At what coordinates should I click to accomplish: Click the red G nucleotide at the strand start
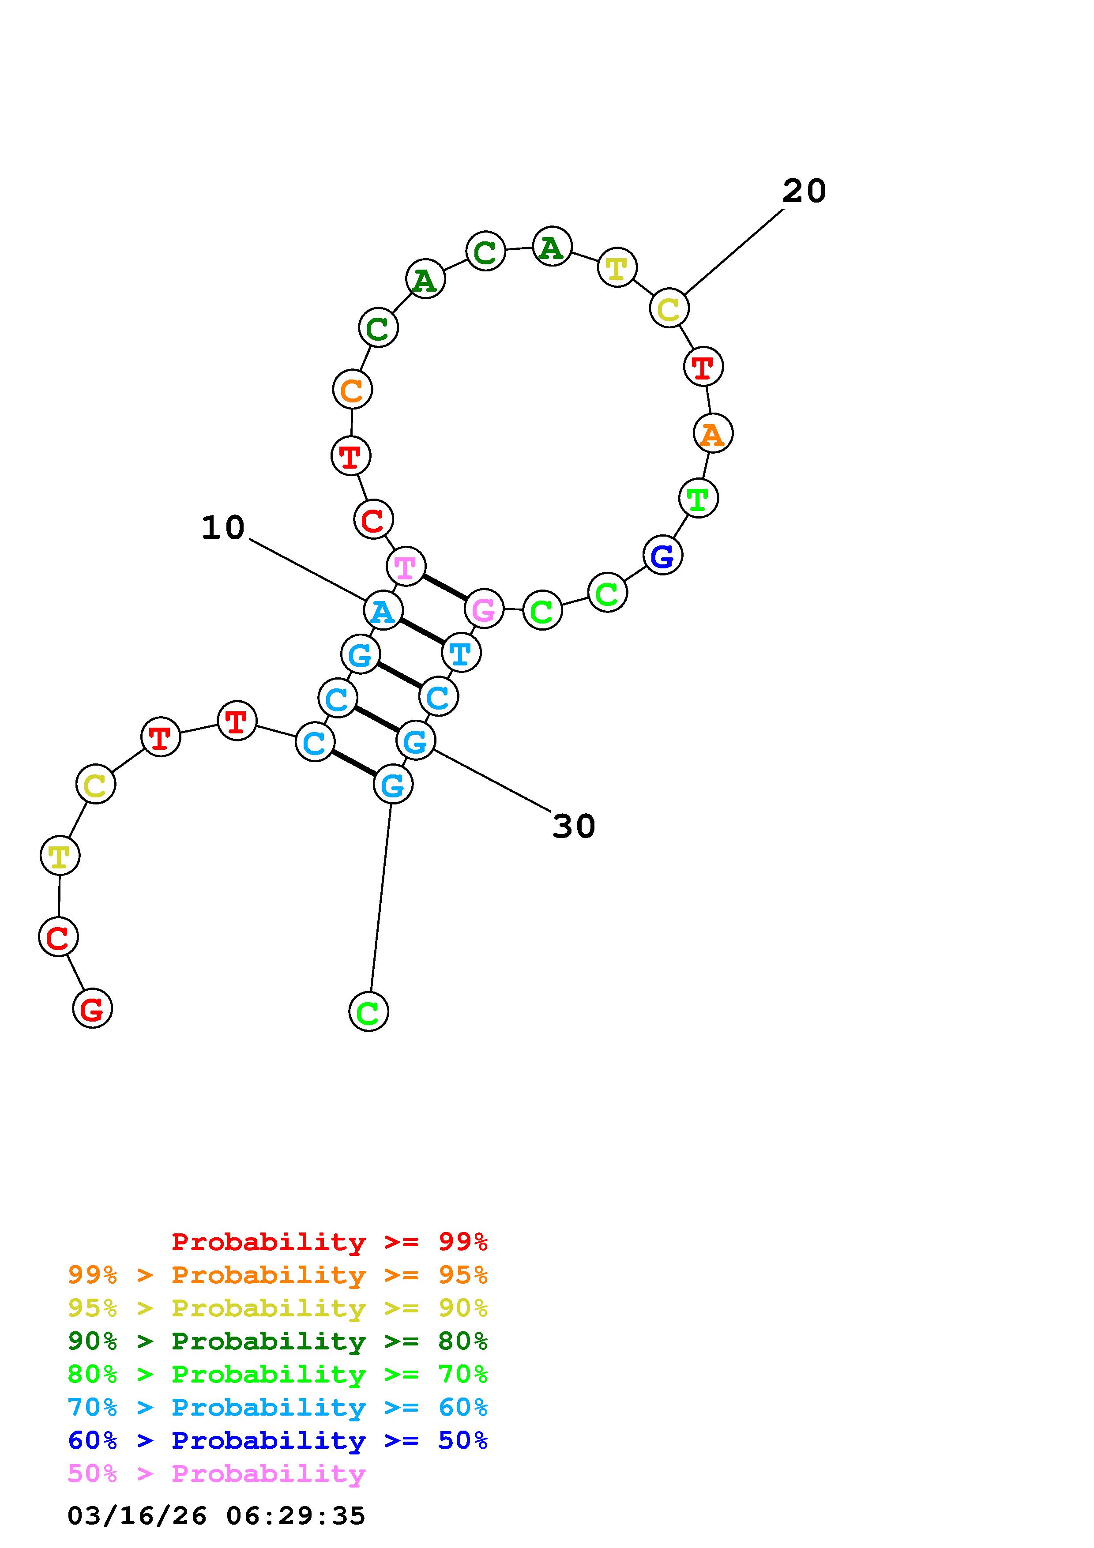pos(92,1009)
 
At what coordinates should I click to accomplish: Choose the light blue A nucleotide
pos(383,611)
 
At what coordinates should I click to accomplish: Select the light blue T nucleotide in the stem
pos(461,653)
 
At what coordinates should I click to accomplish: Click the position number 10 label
pos(223,527)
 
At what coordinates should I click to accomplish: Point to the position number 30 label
pos(574,826)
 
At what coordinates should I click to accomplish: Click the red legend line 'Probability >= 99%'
pos(330,1242)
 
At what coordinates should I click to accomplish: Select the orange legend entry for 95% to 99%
pos(278,1275)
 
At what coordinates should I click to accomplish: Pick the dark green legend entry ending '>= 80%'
pos(278,1341)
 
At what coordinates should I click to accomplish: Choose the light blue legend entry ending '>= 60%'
pos(278,1407)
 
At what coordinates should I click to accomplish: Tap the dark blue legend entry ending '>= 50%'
pos(278,1440)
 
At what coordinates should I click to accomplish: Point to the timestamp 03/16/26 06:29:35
pos(216,1516)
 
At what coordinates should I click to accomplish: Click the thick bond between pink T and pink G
pos(445,587)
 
